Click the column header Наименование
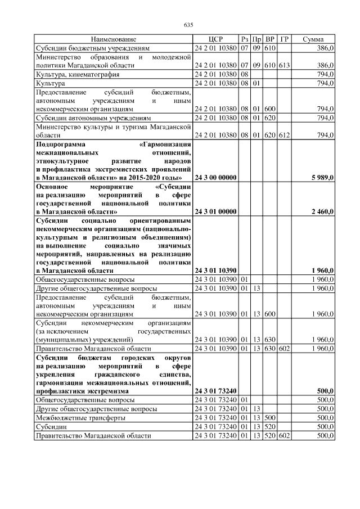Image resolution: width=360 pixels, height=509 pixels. (x=113, y=40)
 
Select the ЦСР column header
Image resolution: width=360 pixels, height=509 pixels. (x=215, y=40)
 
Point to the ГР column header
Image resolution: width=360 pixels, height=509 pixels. (x=284, y=40)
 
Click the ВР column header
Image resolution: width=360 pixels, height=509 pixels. (x=270, y=40)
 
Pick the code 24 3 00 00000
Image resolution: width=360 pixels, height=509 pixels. (x=215, y=178)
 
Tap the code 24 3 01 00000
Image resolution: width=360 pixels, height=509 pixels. (x=215, y=211)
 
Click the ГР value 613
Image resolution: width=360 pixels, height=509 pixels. (x=284, y=65)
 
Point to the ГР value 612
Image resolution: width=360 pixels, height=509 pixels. (x=284, y=136)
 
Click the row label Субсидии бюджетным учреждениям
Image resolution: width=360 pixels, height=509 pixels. (x=93, y=48)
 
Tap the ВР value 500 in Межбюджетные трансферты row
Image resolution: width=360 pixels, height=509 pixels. (x=270, y=418)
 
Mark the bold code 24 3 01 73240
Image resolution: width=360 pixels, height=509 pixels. (x=215, y=390)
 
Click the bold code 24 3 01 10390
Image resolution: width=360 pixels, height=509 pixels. (x=215, y=271)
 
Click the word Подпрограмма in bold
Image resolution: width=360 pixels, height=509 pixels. (x=60, y=144)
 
